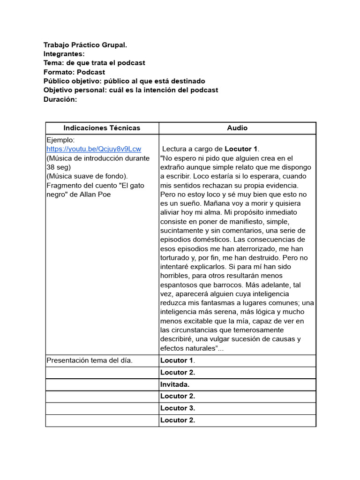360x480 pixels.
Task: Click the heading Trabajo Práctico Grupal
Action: pyautogui.click(x=85, y=45)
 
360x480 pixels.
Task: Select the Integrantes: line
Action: pyautogui.click(x=64, y=54)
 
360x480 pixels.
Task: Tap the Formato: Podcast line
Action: pyautogui.click(x=74, y=72)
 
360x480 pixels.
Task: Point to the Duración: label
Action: pyautogui.click(x=60, y=99)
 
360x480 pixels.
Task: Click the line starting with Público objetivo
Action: pyautogui.click(x=124, y=81)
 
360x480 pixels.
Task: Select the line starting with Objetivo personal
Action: pyautogui.click(x=131, y=90)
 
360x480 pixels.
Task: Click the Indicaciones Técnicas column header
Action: pyautogui.click(x=102, y=128)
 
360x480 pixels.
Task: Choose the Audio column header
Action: pyautogui.click(x=237, y=128)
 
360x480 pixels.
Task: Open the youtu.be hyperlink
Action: pyautogui.click(x=94, y=149)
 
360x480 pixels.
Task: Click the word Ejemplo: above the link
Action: pyautogui.click(x=60, y=140)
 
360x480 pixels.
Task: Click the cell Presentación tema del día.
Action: pyautogui.click(x=90, y=360)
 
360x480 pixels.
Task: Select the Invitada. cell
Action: pyautogui.click(x=175, y=384)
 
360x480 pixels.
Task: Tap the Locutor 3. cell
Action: pyautogui.click(x=178, y=408)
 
